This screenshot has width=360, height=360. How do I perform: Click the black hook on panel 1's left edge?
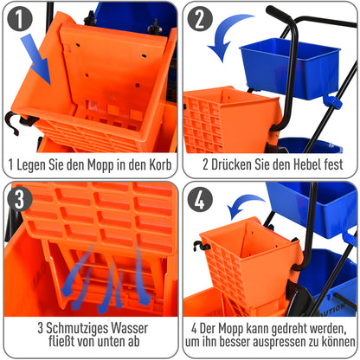click(11, 121)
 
